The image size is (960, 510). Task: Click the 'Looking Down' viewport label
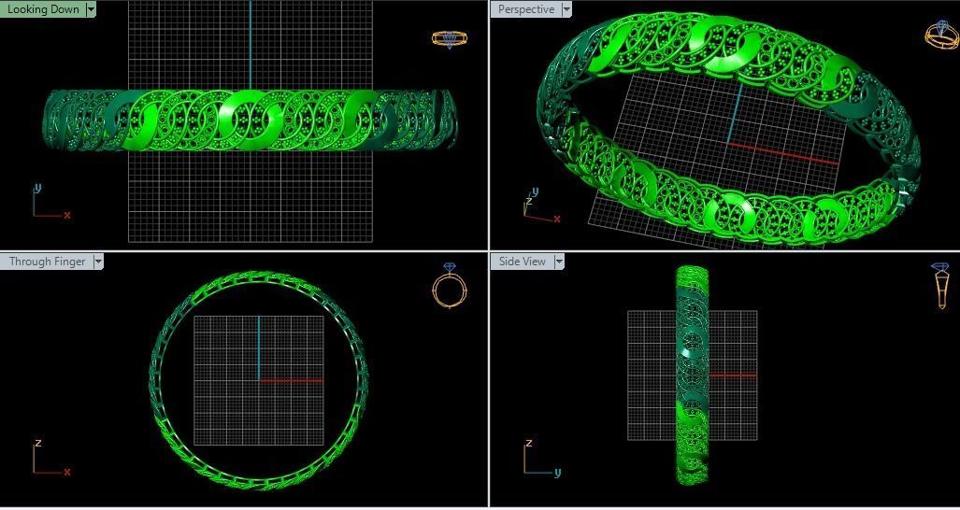tap(43, 9)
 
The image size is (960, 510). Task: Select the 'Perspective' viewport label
tap(526, 9)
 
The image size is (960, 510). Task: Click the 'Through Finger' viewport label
tap(47, 262)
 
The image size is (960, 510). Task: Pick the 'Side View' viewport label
tap(522, 262)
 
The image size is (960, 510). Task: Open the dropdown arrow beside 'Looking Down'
tap(91, 9)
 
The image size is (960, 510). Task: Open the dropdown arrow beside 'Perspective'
tap(566, 9)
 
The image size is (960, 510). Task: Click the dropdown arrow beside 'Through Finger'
tap(97, 262)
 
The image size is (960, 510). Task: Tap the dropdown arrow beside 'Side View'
tap(559, 262)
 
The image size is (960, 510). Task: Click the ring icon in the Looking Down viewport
tap(449, 38)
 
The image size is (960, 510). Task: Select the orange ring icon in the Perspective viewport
tap(940, 34)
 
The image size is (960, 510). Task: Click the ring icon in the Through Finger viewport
tap(449, 286)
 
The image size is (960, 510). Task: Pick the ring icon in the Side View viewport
tap(940, 286)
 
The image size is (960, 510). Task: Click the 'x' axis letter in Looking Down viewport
tap(67, 216)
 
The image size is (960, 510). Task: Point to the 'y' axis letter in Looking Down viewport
tap(37, 189)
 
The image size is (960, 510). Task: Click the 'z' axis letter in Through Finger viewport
tap(37, 444)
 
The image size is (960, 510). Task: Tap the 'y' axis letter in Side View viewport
tap(557, 473)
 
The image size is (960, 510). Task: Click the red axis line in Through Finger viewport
tap(292, 380)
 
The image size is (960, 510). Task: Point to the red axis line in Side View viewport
tap(734, 375)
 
